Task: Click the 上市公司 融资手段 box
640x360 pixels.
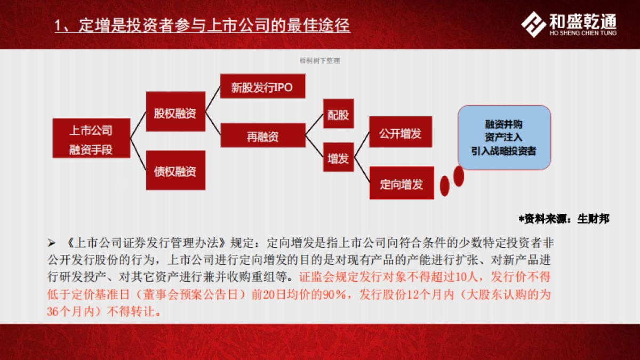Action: [91, 138]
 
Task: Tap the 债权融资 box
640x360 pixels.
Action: [175, 170]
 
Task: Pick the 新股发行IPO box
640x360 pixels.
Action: [262, 86]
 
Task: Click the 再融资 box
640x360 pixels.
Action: [262, 135]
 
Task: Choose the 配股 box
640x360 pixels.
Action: [338, 114]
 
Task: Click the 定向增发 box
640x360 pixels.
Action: [401, 183]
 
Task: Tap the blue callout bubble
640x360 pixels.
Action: [504, 137]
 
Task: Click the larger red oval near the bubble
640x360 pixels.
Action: [459, 176]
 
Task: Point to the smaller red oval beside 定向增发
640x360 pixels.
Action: [444, 186]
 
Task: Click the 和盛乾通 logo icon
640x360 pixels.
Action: [533, 25]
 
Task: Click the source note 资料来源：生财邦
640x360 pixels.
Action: [564, 218]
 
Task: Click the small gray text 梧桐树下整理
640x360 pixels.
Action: [320, 61]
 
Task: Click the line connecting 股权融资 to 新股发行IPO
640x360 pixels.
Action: [213, 99]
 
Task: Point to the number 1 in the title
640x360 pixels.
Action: [59, 25]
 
